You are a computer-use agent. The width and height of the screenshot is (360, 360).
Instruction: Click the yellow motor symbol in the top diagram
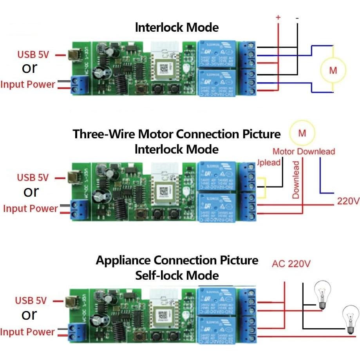click(333, 70)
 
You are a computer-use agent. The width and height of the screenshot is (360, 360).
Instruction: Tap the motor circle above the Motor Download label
click(302, 133)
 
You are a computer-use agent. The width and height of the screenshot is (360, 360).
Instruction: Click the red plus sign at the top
click(278, 18)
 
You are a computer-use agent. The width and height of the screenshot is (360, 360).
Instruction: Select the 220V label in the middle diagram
click(348, 201)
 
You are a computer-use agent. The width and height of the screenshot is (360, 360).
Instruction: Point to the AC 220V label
click(291, 264)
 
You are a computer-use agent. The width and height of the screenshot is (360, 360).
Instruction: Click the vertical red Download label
click(296, 179)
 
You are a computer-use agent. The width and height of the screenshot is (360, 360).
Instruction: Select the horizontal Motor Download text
click(304, 152)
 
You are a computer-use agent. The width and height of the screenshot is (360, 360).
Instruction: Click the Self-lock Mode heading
click(177, 275)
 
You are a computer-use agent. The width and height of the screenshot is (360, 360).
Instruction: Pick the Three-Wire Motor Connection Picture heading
click(177, 134)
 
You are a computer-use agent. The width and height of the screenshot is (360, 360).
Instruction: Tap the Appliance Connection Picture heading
click(177, 260)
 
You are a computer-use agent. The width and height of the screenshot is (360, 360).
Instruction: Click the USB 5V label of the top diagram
click(33, 54)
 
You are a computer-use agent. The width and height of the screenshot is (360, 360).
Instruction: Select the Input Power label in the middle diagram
click(30, 208)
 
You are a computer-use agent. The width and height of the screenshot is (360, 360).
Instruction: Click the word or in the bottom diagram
click(29, 315)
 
